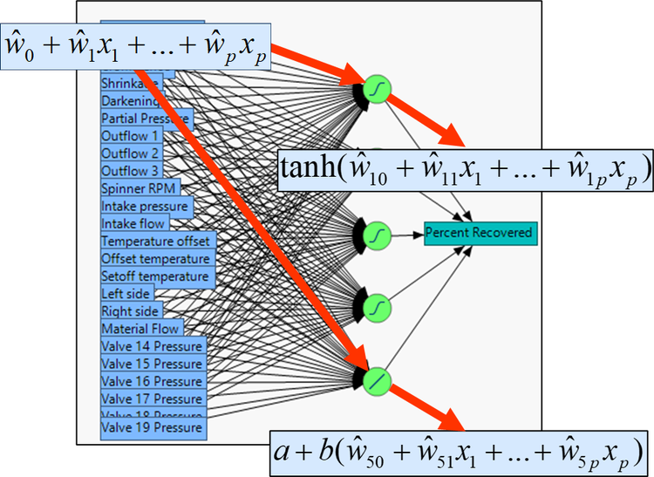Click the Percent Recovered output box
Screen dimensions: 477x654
[479, 234]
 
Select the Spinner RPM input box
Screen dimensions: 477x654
[139, 188]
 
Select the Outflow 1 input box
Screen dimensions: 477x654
[132, 136]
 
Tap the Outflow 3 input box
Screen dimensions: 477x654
[132, 171]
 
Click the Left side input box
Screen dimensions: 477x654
[128, 294]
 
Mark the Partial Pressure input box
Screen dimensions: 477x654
[146, 119]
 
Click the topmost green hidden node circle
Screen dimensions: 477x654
[377, 90]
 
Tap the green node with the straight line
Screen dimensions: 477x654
[377, 378]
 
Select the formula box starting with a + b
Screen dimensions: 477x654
[459, 453]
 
